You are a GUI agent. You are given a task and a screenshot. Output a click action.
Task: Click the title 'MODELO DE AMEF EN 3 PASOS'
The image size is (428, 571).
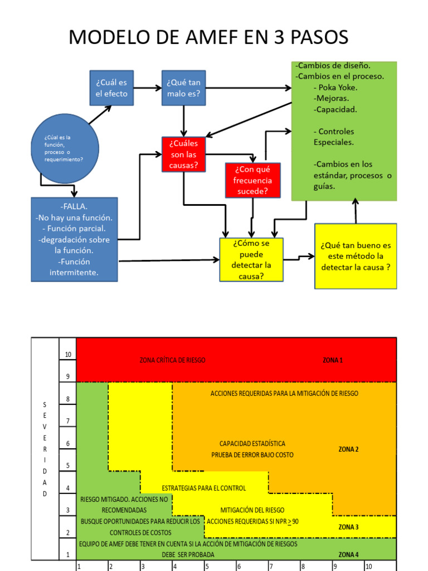point(208,37)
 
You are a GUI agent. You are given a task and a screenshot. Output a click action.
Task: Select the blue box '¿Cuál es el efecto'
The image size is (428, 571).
point(111,88)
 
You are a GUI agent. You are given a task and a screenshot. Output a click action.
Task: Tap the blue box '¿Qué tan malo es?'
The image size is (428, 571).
point(183,88)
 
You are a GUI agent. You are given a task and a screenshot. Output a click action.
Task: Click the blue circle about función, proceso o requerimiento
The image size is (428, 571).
point(65,148)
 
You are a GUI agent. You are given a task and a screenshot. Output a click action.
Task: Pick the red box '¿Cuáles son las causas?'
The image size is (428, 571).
point(183,154)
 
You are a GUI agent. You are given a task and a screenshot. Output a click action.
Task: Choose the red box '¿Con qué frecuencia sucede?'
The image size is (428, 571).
point(252,180)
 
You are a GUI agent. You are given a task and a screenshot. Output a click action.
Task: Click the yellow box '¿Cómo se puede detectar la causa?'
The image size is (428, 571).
point(251,259)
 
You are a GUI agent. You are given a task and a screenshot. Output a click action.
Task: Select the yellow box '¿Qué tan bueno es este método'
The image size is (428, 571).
point(356,256)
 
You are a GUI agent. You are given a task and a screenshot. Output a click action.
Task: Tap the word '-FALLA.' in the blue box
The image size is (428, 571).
point(74,206)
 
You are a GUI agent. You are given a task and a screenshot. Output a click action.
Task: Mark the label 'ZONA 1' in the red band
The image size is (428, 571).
point(333,360)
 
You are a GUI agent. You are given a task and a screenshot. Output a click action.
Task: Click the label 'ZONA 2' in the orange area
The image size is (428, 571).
point(348,449)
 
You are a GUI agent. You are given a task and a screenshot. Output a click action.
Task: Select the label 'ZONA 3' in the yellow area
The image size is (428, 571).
point(348,527)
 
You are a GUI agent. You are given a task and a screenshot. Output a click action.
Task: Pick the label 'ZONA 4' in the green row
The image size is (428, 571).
point(348,555)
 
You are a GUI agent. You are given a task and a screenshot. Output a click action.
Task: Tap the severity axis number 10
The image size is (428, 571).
point(68,355)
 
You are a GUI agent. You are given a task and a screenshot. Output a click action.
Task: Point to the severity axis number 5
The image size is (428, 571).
point(68,466)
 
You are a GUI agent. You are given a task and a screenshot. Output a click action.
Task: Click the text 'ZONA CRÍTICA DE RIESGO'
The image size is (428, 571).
point(172,360)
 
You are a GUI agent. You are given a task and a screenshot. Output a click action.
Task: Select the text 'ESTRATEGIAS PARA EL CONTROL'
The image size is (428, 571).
point(203,488)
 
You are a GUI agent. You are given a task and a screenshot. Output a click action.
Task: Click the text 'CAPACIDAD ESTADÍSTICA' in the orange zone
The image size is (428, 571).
point(252,443)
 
